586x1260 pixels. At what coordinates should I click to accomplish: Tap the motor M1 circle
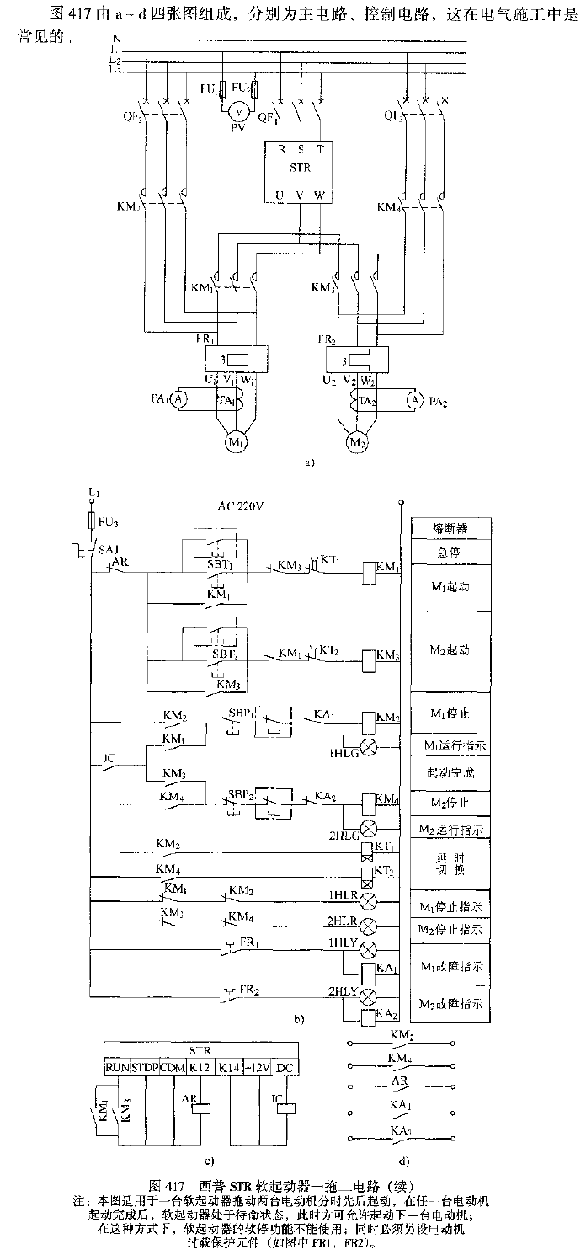pos(232,440)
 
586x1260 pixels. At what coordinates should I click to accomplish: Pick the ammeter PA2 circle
pos(413,400)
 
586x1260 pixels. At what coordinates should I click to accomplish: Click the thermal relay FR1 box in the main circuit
pos(234,360)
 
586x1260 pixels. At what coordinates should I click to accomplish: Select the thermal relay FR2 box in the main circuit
pos(355,360)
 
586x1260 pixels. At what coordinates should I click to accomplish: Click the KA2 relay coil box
pos(368,1019)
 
